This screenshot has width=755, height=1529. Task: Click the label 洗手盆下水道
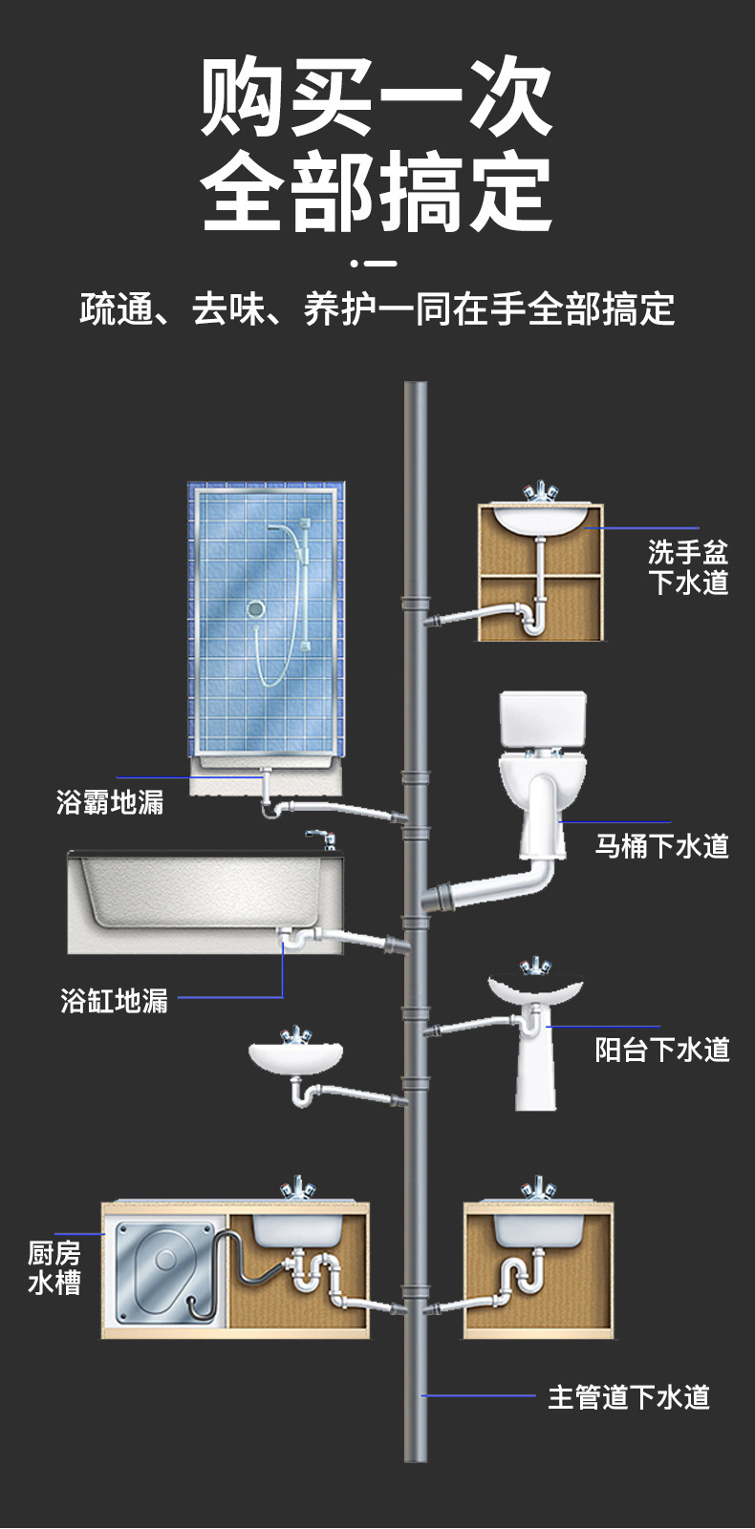(x=688, y=566)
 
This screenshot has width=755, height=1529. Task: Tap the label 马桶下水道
(x=661, y=845)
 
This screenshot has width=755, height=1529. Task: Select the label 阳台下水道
(x=661, y=1049)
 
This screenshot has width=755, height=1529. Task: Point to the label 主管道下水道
(x=629, y=1397)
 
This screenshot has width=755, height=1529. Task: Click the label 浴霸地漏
(x=110, y=801)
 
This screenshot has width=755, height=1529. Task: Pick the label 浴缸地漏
(x=114, y=1000)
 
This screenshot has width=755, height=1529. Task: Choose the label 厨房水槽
(x=54, y=1267)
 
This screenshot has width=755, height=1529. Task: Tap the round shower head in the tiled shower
(x=255, y=607)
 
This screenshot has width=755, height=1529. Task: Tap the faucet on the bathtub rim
(x=321, y=840)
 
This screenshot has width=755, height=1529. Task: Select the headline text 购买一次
(x=377, y=98)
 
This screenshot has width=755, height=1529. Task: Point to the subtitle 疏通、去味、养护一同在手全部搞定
(x=377, y=309)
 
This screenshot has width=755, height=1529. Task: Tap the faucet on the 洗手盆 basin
(x=540, y=493)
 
